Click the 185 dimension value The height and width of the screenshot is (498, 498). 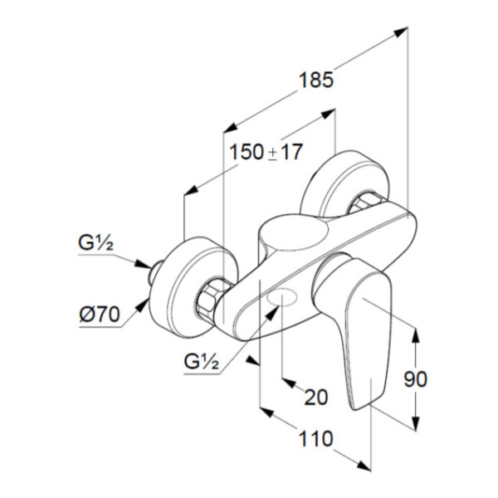tap(316, 80)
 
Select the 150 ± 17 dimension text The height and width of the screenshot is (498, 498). tap(266, 152)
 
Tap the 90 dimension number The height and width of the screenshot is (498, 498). tap(416, 379)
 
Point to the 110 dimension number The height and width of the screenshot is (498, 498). tap(315, 439)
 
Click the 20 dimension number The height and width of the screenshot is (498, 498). tap(316, 397)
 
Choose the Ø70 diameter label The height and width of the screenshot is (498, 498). tap(100, 315)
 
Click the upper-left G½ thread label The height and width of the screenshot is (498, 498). tap(95, 243)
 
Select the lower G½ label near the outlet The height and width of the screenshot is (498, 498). tap(202, 361)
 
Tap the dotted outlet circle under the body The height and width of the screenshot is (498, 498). tap(282, 296)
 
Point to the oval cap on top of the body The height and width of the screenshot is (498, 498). tap(294, 234)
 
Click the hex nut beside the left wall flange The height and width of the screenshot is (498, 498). tap(210, 295)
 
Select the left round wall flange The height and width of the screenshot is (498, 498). tap(193, 286)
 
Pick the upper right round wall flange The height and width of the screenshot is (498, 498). tap(344, 184)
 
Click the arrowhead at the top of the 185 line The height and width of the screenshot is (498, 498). tap(401, 32)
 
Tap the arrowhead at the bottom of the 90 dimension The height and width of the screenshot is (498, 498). tap(416, 423)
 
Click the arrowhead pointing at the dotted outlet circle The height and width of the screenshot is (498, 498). tap(272, 313)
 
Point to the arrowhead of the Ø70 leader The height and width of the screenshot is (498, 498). tap(142, 305)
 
